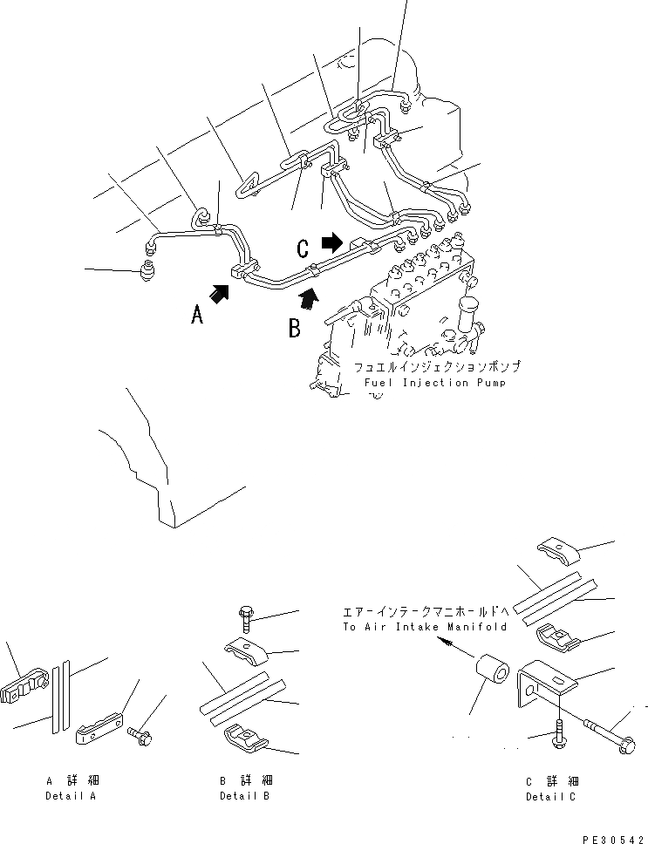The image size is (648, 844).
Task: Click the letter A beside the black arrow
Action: point(198,313)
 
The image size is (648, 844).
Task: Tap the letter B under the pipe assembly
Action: point(295,328)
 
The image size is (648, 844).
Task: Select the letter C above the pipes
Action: point(303,248)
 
